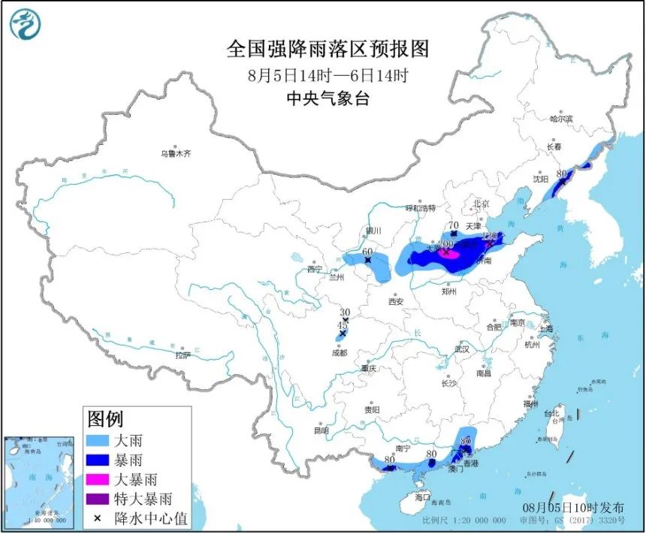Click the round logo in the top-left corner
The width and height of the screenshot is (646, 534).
[x=25, y=25]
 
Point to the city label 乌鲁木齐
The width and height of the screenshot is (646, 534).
[x=175, y=154]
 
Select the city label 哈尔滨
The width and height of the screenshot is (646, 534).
[x=560, y=119]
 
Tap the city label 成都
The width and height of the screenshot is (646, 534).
[x=340, y=352]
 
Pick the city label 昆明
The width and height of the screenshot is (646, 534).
[x=321, y=430]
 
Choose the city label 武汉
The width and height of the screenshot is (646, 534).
[x=460, y=349]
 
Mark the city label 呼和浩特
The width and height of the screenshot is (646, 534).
[x=421, y=207]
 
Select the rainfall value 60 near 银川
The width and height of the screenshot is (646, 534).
[x=367, y=252]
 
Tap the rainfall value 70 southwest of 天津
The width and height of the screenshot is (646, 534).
[x=453, y=225]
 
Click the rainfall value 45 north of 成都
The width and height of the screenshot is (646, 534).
[x=343, y=324]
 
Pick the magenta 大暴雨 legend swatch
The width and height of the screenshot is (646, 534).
[x=104, y=478]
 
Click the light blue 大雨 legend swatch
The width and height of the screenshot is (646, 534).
[x=104, y=440]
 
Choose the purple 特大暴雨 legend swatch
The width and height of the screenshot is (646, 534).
[x=104, y=498]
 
